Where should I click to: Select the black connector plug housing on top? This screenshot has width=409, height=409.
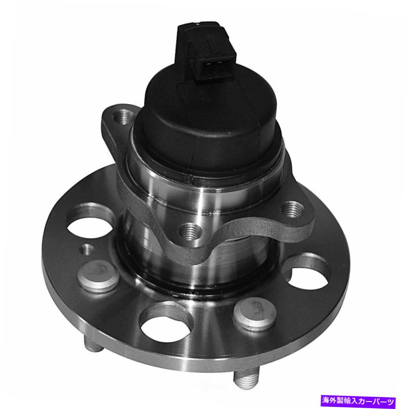click(206, 50)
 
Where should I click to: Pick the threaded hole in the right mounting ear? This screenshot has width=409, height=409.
click(292, 209)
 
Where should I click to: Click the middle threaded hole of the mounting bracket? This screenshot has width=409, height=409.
click(190, 232)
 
